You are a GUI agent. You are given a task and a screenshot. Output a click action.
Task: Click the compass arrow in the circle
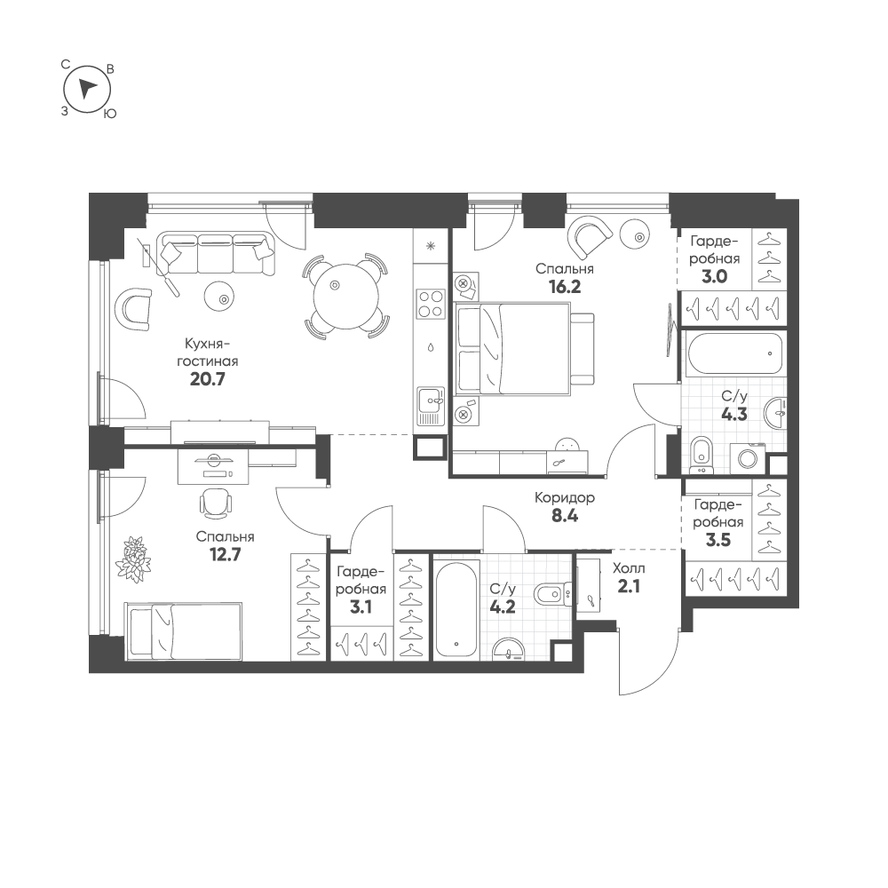tap(87, 88)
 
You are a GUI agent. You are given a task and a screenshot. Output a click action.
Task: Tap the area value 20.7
tap(207, 379)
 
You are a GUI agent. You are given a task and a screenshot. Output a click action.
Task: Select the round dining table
tap(346, 295)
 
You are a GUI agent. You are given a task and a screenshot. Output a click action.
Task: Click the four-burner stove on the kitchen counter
tap(431, 304)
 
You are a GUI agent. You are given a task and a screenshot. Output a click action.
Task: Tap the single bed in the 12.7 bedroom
tap(183, 630)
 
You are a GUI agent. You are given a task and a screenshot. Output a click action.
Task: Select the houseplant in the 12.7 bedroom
tap(134, 559)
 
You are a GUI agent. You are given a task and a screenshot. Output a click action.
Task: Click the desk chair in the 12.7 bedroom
tap(216, 503)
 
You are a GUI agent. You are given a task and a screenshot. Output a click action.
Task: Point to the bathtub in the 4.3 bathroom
tap(733, 354)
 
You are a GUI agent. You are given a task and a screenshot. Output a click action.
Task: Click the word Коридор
tap(565, 498)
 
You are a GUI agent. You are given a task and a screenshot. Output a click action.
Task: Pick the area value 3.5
tap(718, 540)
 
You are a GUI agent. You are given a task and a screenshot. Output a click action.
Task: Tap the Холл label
tap(629, 568)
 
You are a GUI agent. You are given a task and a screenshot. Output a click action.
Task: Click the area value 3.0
tap(715, 277)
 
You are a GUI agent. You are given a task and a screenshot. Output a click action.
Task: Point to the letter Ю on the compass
tap(110, 114)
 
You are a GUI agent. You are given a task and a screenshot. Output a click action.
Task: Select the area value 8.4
tap(565, 516)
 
